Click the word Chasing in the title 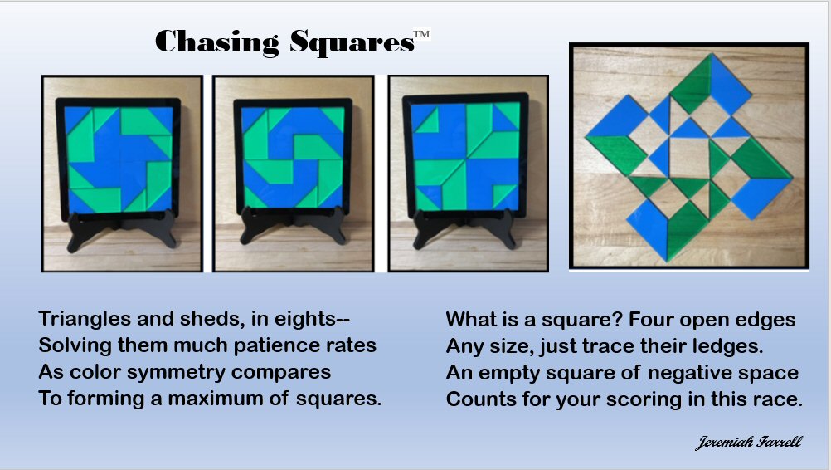216,42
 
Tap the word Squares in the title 352,42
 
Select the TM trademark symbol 422,35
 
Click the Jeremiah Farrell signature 748,443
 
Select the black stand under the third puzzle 464,229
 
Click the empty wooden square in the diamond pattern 689,158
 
